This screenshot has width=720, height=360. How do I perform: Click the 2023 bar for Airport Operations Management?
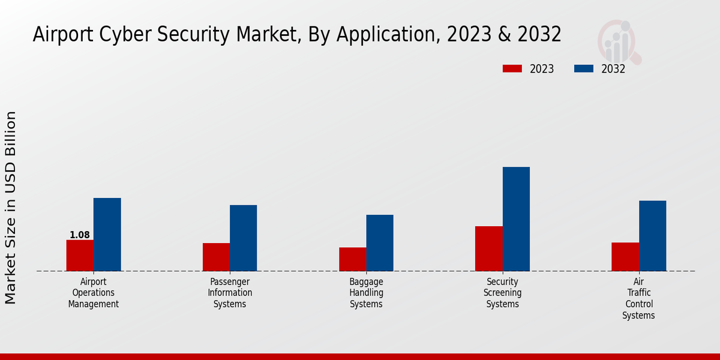click(x=80, y=256)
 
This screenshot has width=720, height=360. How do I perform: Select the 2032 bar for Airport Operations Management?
click(x=107, y=235)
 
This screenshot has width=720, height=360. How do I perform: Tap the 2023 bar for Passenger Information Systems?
click(x=216, y=257)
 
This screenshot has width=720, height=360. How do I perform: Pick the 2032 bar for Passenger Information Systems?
click(x=243, y=238)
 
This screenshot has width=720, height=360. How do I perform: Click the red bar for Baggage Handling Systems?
click(x=352, y=259)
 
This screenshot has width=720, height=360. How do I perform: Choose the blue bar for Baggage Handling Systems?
click(x=380, y=243)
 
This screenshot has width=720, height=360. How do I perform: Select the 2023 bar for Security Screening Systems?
click(x=488, y=248)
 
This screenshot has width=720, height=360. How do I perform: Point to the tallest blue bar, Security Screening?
click(x=516, y=219)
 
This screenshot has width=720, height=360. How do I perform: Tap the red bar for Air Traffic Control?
click(x=625, y=257)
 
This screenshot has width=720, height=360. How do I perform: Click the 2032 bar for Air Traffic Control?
click(x=652, y=236)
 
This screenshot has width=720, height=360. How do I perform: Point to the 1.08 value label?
click(x=80, y=235)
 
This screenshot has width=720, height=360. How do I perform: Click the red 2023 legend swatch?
click(x=512, y=69)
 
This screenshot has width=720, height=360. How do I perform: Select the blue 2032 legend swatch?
click(x=584, y=69)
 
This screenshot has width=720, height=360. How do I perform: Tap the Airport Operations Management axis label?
click(x=93, y=293)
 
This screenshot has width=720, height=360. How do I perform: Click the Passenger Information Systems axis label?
click(x=230, y=293)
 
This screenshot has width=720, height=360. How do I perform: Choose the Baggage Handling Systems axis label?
click(x=366, y=293)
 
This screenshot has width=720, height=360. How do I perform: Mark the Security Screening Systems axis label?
click(x=503, y=293)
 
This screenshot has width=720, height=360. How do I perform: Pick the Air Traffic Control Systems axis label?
click(x=638, y=298)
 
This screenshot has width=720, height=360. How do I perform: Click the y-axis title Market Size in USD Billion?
click(x=11, y=207)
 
